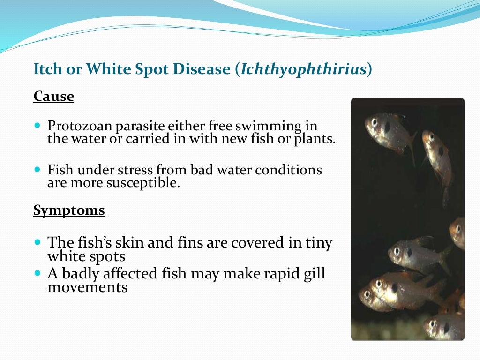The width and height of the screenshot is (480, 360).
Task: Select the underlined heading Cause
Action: tap(53, 97)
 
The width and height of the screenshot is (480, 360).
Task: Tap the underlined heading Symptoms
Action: tap(69, 210)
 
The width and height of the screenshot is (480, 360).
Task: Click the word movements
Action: tap(87, 287)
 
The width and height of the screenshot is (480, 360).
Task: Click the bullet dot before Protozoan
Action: tap(37, 126)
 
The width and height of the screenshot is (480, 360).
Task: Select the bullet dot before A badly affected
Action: tap(37, 273)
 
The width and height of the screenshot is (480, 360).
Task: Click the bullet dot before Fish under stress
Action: tap(37, 169)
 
